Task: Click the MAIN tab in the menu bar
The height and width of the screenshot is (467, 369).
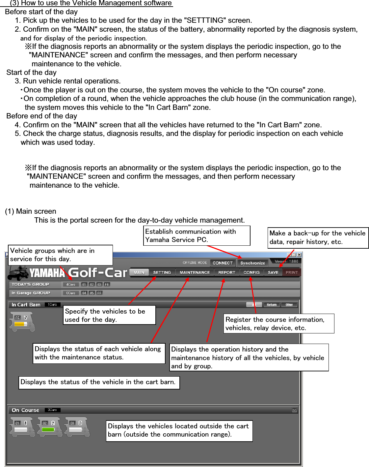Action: [x=139, y=272]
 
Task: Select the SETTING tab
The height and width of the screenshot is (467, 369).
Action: [x=162, y=272]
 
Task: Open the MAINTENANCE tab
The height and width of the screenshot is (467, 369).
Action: [x=195, y=272]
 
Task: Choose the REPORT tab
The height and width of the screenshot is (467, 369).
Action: [x=227, y=272]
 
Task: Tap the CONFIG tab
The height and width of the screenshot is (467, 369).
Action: [x=251, y=272]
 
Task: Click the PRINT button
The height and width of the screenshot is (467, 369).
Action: [x=292, y=272]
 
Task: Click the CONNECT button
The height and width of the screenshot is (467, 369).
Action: [x=223, y=263]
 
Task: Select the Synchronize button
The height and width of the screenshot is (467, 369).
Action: [x=252, y=263]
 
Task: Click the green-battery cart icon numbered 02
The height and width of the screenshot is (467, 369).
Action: [x=49, y=427]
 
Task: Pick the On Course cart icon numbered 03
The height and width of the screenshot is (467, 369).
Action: [x=77, y=427]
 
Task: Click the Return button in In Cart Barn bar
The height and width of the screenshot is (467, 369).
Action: [x=272, y=305]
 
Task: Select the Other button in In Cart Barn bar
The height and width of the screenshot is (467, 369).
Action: [x=289, y=305]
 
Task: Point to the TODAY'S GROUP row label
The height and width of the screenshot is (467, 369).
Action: [x=30, y=284]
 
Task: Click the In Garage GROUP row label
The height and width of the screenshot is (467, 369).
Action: [x=31, y=293]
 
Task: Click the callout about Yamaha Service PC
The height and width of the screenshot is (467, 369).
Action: [x=197, y=235]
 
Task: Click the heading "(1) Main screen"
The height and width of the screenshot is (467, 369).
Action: [x=31, y=211]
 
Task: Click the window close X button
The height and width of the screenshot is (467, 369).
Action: [x=299, y=255]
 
